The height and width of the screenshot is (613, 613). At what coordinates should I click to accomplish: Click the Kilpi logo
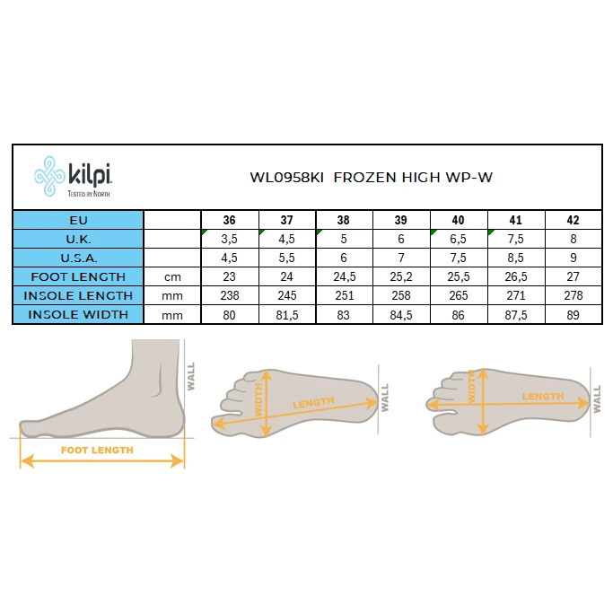[x=73, y=176]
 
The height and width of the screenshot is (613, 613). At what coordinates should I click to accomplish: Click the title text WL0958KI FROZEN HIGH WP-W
[x=371, y=178]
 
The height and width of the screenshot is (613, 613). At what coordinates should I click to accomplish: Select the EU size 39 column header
[x=400, y=220]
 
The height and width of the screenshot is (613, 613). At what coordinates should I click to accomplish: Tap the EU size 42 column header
[x=573, y=220]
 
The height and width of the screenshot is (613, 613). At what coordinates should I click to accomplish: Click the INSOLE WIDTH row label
[x=78, y=315]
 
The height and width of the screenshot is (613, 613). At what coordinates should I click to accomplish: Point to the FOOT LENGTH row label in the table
[x=78, y=276]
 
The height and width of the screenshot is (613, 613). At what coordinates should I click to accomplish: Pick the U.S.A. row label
[x=79, y=258]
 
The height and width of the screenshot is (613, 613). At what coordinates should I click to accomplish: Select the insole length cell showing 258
[x=401, y=295]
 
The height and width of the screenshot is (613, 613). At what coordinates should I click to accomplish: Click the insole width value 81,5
[x=287, y=315]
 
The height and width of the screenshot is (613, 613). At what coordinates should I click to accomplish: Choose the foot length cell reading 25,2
[x=400, y=276]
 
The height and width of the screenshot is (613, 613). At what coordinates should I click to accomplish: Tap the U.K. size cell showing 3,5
[x=230, y=239]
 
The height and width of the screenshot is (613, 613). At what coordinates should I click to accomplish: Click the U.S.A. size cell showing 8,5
[x=516, y=258]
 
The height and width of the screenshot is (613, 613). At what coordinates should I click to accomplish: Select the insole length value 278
[x=574, y=295]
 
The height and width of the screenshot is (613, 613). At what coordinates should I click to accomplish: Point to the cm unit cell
[x=172, y=277]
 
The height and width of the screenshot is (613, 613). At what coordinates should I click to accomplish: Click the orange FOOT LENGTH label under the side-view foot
[x=97, y=451]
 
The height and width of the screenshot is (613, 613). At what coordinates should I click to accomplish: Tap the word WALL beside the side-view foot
[x=191, y=376]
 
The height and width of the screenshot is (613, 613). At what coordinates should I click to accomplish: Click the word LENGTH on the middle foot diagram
[x=313, y=403]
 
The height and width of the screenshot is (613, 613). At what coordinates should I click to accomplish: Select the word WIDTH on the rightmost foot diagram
[x=472, y=386]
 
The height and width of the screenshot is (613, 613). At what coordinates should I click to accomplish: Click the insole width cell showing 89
[x=573, y=315]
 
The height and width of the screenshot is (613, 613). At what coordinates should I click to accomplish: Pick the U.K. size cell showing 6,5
[x=459, y=239]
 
